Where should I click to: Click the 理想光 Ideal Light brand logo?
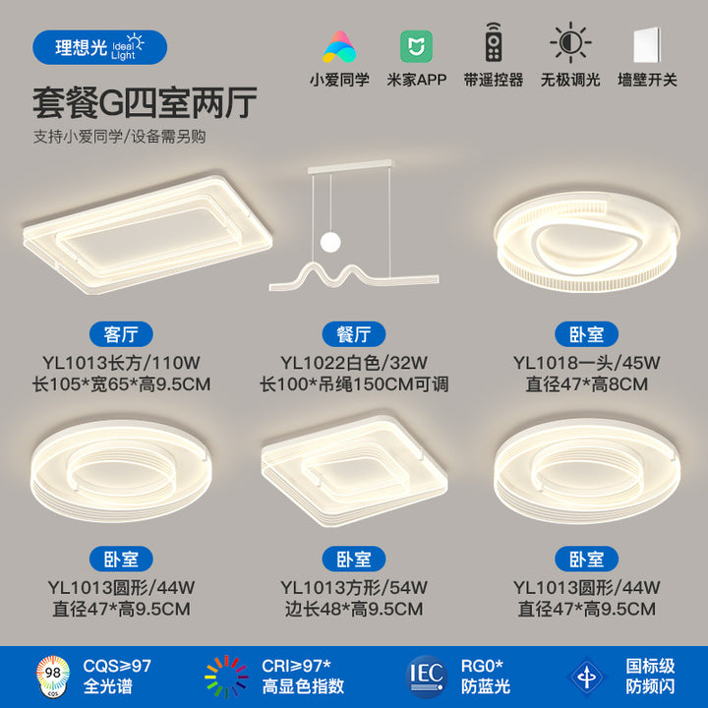click(99, 47)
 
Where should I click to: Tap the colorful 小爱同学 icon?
click(339, 46)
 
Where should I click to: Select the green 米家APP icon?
click(416, 46)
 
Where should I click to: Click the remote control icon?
click(494, 42)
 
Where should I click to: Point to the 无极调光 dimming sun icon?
click(570, 42)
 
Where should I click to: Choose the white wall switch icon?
click(647, 45)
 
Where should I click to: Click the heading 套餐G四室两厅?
click(145, 103)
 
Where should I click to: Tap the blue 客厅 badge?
click(121, 334)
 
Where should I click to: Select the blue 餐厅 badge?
click(354, 334)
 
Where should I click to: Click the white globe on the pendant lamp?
click(331, 242)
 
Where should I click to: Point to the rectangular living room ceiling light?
click(147, 235)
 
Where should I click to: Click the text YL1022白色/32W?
click(354, 363)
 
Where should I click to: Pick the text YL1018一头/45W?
click(586, 363)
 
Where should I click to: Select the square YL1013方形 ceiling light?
click(354, 471)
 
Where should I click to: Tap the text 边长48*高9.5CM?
click(354, 609)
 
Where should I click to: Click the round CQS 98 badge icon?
click(53, 676)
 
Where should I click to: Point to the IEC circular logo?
click(427, 677)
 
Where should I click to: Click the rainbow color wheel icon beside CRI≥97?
click(226, 677)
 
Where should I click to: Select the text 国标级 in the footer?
click(650, 666)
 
